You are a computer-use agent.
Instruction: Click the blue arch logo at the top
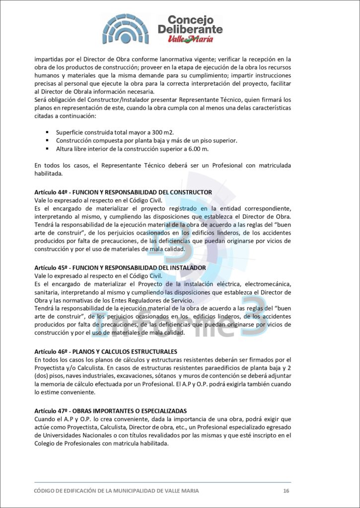click(x=126, y=29)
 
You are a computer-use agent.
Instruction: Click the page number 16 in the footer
click(x=286, y=491)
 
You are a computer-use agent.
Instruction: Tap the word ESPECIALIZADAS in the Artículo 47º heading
click(x=159, y=411)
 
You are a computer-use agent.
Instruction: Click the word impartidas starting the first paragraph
click(x=50, y=59)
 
